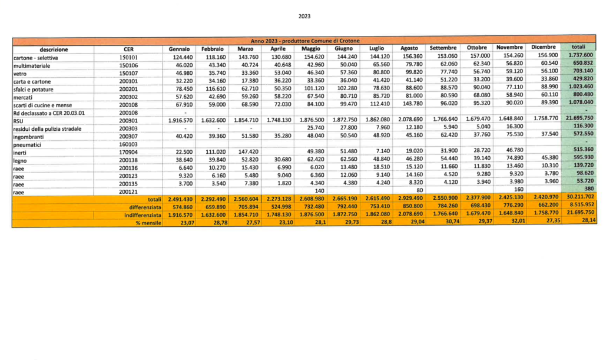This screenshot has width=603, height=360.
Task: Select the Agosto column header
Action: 409,48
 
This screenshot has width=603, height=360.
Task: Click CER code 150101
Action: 128,57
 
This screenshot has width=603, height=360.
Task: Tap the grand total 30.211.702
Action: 579,198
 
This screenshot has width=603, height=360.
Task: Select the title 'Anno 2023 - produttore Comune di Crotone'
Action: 306,39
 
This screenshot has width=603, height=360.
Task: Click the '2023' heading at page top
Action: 305,16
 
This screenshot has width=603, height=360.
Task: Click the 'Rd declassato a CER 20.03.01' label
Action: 46,110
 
